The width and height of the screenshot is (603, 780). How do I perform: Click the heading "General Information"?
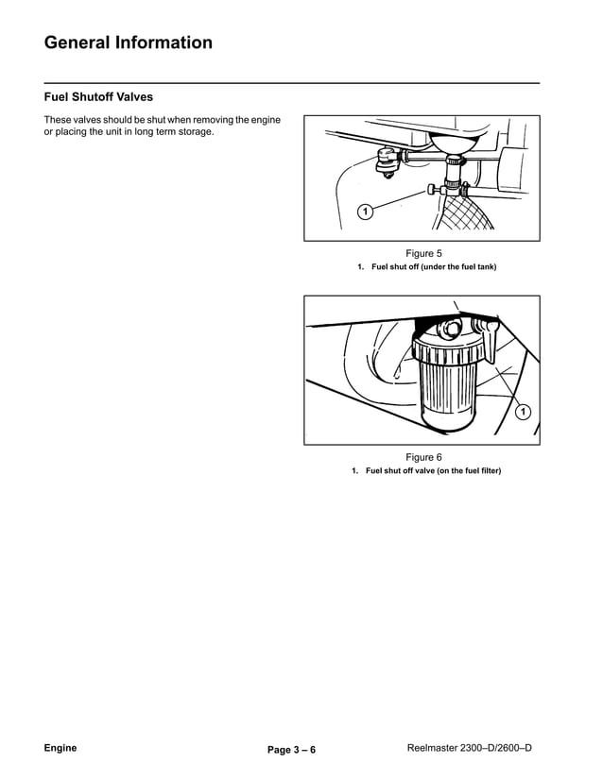pyautogui.click(x=129, y=42)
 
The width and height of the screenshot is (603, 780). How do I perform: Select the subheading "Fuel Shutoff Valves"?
pyautogui.click(x=98, y=96)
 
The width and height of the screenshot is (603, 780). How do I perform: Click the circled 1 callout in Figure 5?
pyautogui.click(x=365, y=211)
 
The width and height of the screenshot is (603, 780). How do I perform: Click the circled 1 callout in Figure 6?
pyautogui.click(x=523, y=412)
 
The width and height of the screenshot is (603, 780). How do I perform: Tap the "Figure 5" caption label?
pyautogui.click(x=423, y=253)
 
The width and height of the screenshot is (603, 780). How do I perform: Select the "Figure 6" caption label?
pyautogui.click(x=423, y=457)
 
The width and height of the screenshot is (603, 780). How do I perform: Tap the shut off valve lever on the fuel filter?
pyautogui.click(x=489, y=335)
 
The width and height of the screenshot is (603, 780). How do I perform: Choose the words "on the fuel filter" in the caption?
pyautogui.click(x=468, y=471)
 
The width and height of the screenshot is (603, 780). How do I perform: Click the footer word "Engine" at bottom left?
pyautogui.click(x=60, y=748)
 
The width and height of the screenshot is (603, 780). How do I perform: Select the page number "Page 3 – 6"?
pyautogui.click(x=291, y=750)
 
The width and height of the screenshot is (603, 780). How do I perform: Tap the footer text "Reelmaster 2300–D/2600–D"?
pyautogui.click(x=469, y=748)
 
